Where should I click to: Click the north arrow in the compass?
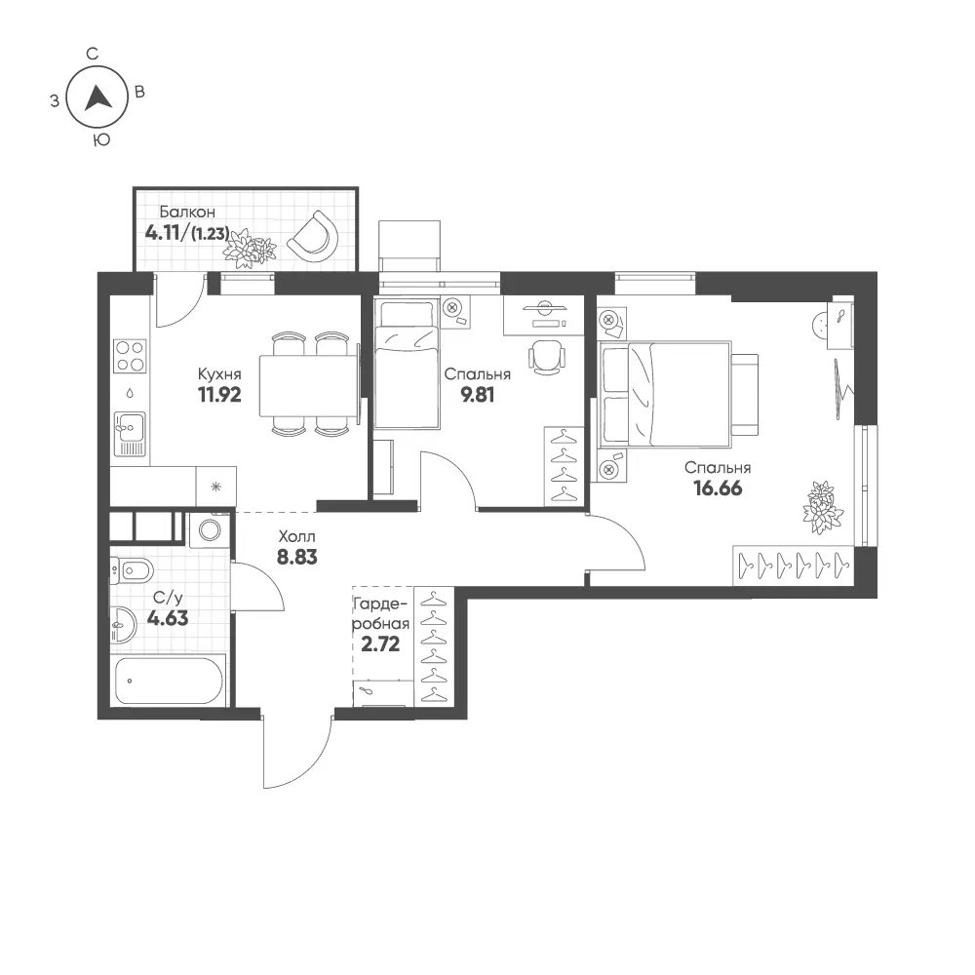pyautogui.click(x=97, y=98)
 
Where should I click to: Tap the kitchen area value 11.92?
pyautogui.click(x=219, y=394)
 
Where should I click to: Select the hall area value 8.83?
pyautogui.click(x=297, y=557)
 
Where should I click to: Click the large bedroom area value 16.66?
pyautogui.click(x=718, y=488)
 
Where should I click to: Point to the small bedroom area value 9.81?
pyautogui.click(x=478, y=394)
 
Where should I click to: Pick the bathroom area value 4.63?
pyautogui.click(x=168, y=618)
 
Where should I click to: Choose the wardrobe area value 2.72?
pyautogui.click(x=380, y=644)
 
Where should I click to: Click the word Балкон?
pyautogui.click(x=187, y=212)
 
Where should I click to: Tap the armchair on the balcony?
pyautogui.click(x=313, y=237)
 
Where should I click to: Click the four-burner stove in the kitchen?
pyautogui.click(x=130, y=356)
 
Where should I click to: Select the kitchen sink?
pyautogui.click(x=130, y=434)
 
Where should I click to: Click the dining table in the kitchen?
pyautogui.click(x=309, y=385)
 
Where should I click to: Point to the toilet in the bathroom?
pyautogui.click(x=132, y=569)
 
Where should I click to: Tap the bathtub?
pyautogui.click(x=169, y=681)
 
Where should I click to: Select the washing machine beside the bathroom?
pyautogui.click(x=210, y=529)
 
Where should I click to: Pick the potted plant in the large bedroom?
pyautogui.click(x=823, y=507)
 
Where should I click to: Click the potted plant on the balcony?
pyautogui.click(x=250, y=248)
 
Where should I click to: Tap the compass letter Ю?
pyautogui.click(x=101, y=140)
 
